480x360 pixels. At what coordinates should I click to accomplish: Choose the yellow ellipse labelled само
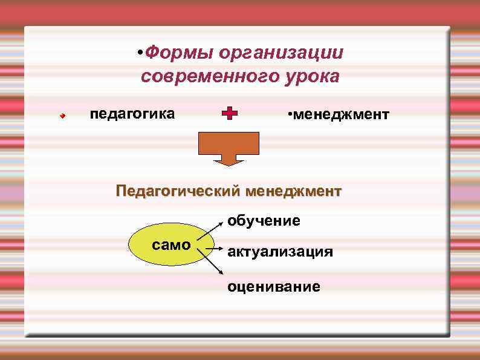point(171,245)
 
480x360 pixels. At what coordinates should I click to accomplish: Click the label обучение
point(264,221)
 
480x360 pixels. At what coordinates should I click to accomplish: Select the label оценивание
point(274,286)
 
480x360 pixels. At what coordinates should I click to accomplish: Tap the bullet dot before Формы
point(139,53)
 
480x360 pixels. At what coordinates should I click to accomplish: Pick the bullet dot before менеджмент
point(290,114)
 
